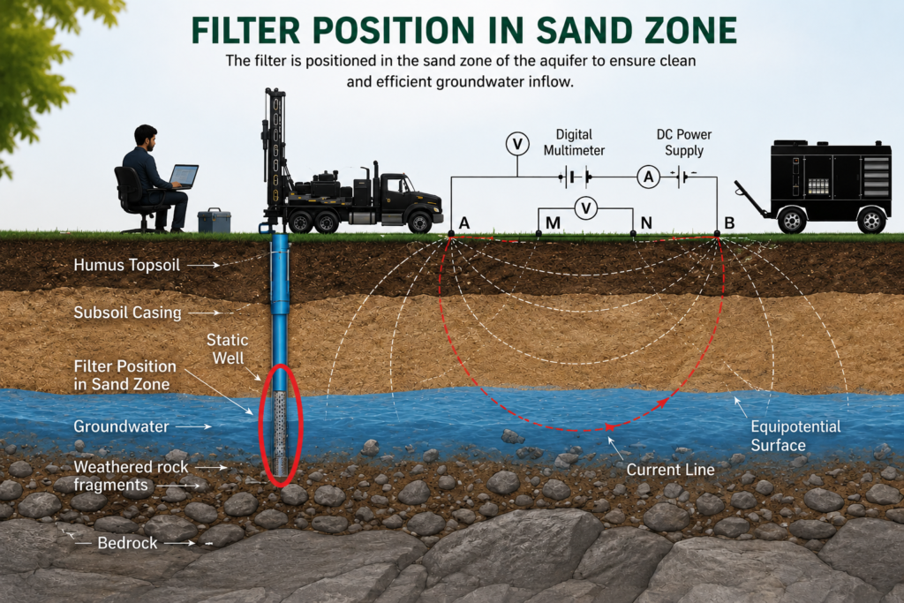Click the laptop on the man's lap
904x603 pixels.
click(x=184, y=177)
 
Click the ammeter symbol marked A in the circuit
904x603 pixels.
click(x=649, y=177)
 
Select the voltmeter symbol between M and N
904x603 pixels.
click(x=586, y=207)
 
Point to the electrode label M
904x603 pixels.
click(x=553, y=222)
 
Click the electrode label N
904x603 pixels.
click(x=646, y=222)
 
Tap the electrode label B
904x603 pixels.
click(x=729, y=222)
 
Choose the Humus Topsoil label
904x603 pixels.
click(x=127, y=265)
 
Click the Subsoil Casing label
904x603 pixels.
click(x=127, y=313)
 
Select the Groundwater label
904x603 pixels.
click(x=121, y=426)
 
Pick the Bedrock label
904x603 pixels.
click(x=127, y=543)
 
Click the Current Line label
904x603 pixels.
click(x=671, y=470)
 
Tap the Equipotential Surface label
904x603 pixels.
click(x=795, y=436)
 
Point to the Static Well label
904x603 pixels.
click(x=228, y=349)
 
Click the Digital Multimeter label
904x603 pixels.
click(x=574, y=142)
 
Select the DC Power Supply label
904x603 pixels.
click(x=684, y=142)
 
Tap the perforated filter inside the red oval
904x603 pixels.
click(x=280, y=433)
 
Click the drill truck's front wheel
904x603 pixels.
click(x=418, y=222)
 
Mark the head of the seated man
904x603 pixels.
click(x=146, y=138)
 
